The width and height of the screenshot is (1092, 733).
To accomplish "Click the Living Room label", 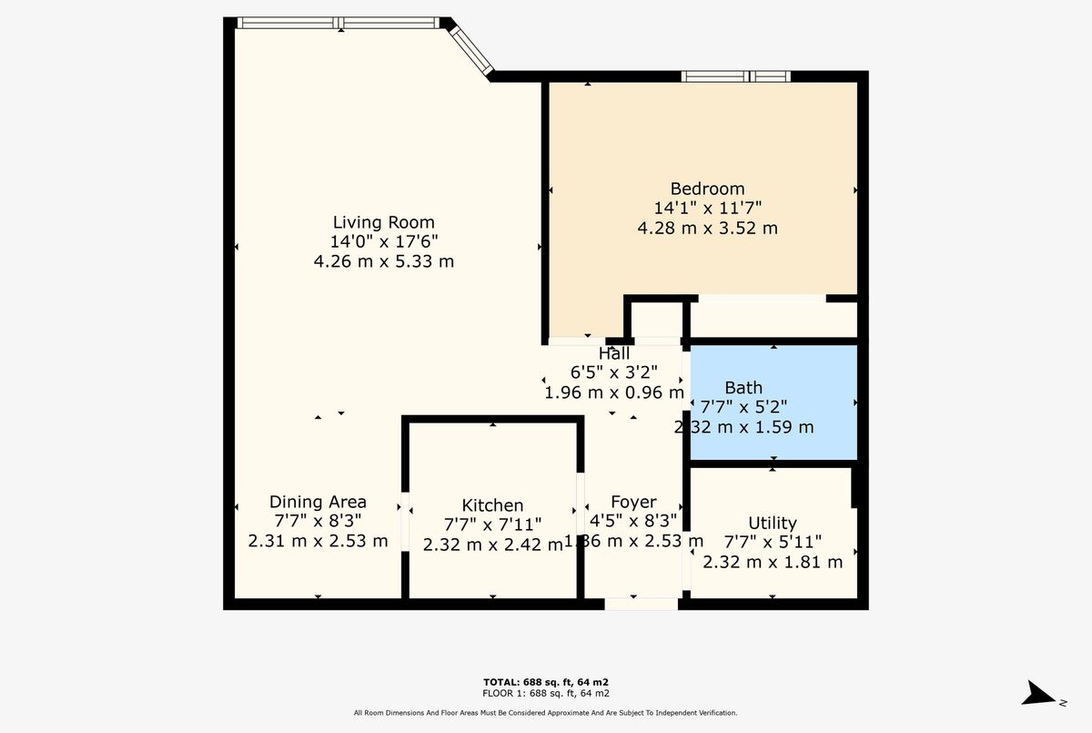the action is tap(384, 222).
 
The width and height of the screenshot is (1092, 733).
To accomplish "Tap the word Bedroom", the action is tap(707, 188).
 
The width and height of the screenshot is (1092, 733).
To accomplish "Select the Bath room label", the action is tap(743, 388).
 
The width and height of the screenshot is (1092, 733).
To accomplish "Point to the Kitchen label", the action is tap(492, 505).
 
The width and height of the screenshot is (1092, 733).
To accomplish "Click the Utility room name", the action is tap(773, 524).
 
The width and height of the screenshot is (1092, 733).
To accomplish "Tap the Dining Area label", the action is tap(318, 502).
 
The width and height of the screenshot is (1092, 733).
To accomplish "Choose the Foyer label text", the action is tap(633, 502).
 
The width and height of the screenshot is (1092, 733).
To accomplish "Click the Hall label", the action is tap(613, 353).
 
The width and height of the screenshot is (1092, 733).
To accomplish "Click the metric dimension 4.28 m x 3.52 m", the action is tap(707, 229).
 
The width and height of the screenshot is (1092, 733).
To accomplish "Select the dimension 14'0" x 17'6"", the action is tap(384, 241).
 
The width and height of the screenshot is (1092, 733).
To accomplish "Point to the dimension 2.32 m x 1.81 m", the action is tap(773, 562).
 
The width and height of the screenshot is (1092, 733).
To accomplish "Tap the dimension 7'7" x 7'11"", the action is tap(492, 524).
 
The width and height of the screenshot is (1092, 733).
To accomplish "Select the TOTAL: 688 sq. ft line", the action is tap(545, 682).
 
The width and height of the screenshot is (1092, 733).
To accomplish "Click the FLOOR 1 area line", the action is tap(545, 694).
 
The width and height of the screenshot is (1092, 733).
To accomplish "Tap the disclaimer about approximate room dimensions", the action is tap(545, 713).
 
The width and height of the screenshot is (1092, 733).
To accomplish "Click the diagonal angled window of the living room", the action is tap(471, 50).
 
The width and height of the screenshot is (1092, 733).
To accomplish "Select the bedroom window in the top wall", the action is tap(735, 76).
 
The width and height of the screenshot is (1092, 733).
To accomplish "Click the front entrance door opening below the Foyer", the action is tap(641, 604).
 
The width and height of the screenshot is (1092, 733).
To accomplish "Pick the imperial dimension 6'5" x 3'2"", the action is tap(613, 372).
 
